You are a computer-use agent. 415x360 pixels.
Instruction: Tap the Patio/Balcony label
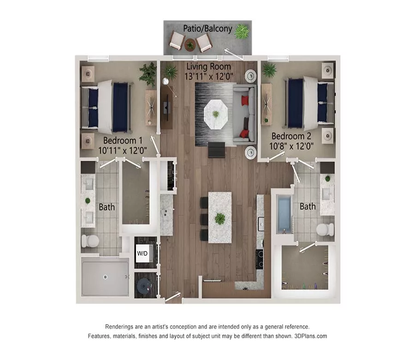[x=207, y=29]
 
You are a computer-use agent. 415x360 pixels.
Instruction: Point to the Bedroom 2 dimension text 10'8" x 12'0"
[x=291, y=146]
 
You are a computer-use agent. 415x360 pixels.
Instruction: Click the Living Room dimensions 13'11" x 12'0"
[x=209, y=76]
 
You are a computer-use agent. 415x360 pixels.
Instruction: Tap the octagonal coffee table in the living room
[x=215, y=114]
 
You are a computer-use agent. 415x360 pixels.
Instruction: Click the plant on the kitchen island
[x=220, y=218]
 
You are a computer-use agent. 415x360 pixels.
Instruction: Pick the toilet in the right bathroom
[x=326, y=230]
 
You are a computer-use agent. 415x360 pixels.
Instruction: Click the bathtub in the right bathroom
[x=284, y=214]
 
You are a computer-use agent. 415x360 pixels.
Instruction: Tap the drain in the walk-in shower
[x=105, y=276]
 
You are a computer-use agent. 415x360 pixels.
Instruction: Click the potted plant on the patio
[x=241, y=32]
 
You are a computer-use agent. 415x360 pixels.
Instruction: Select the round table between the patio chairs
[x=190, y=45]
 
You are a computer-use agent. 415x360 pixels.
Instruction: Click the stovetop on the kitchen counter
[x=260, y=259]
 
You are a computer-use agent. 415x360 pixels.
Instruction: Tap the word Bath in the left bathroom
[x=107, y=207]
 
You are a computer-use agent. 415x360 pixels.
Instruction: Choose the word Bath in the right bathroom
[x=308, y=206]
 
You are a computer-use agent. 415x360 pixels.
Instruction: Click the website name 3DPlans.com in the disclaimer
[x=311, y=336]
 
